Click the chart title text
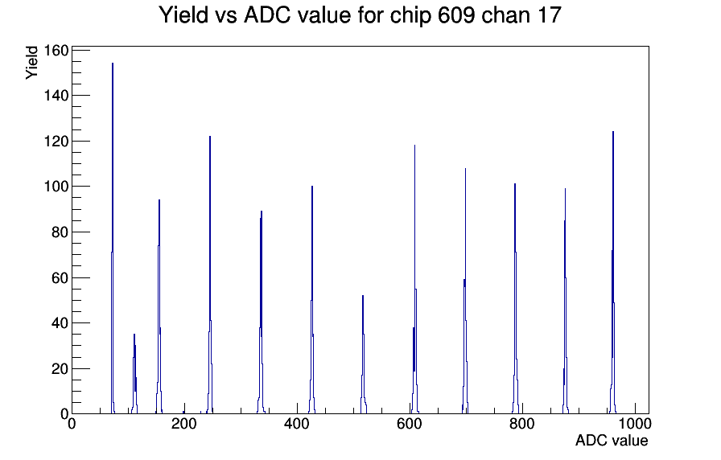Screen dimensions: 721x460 pyautogui.click(x=360, y=15)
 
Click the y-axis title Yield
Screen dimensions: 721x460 pyautogui.click(x=31, y=63)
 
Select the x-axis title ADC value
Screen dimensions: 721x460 pyautogui.click(x=612, y=440)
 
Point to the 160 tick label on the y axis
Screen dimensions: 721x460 pyautogui.click(x=56, y=50)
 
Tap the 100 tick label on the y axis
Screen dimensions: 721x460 pyautogui.click(x=56, y=187)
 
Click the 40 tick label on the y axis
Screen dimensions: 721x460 pyautogui.click(x=60, y=323)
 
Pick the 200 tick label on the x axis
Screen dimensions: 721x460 pyautogui.click(x=184, y=424)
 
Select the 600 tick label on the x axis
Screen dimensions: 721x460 pyautogui.click(x=410, y=424)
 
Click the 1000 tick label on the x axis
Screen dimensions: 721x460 pyautogui.click(x=634, y=424)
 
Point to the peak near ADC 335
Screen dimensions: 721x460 pyautogui.click(x=261, y=313)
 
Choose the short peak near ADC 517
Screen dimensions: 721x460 pyautogui.click(x=363, y=355)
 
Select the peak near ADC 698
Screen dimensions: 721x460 pyautogui.click(x=465, y=291)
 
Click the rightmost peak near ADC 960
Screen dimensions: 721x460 pyautogui.click(x=613, y=273)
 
